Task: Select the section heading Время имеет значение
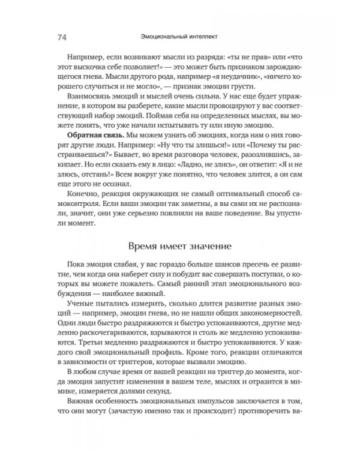coord(179,245)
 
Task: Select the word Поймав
coord(187,120)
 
